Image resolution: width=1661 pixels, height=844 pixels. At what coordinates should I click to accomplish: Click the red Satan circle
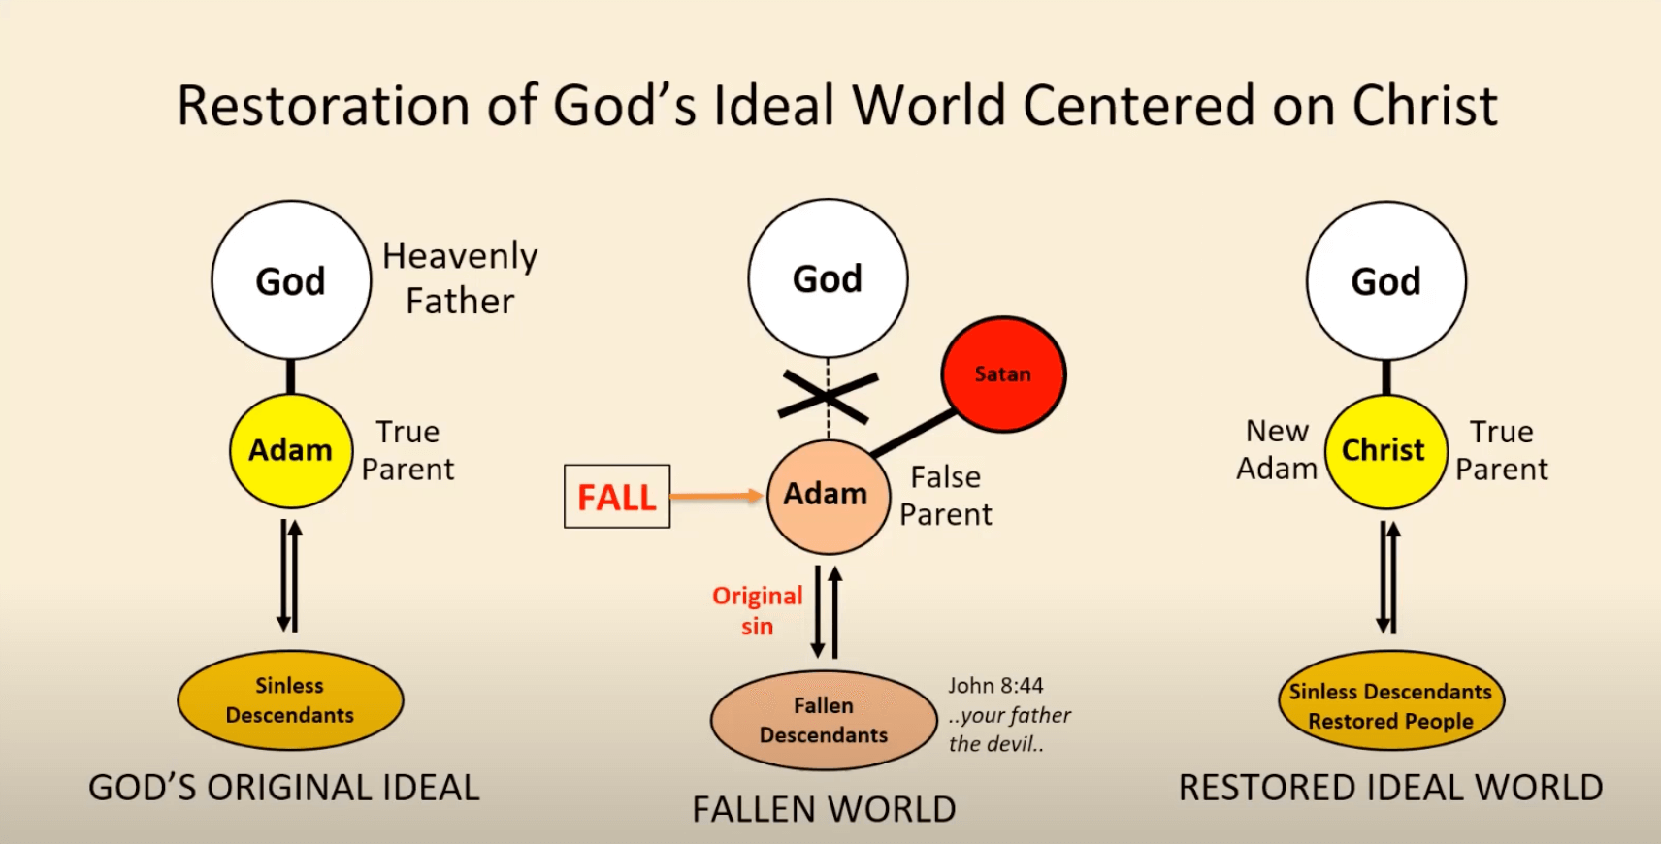[x=1003, y=374]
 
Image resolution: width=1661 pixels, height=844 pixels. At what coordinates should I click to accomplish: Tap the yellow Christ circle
[x=1385, y=451]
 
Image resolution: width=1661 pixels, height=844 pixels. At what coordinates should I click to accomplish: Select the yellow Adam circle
[x=291, y=451]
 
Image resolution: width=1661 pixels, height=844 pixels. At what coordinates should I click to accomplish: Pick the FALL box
[x=617, y=497]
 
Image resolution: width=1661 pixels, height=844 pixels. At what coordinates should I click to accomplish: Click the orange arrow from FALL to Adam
[x=716, y=496]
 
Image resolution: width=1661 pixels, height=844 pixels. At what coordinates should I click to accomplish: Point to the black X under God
[x=828, y=396]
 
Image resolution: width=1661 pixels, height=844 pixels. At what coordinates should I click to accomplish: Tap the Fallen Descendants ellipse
[x=824, y=721]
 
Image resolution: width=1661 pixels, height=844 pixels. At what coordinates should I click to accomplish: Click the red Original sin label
[x=758, y=610]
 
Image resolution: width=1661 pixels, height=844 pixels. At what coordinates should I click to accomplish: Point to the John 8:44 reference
[x=995, y=686]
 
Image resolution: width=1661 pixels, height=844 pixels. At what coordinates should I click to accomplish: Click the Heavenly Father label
[x=460, y=278]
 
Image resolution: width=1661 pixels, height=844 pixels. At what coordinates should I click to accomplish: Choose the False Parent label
[x=946, y=496]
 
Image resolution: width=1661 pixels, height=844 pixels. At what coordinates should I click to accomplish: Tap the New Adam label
[x=1277, y=449]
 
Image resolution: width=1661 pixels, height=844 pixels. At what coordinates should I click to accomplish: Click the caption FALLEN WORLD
[x=824, y=809]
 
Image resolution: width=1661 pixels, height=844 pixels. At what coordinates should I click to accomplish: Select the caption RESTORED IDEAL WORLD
[x=1390, y=788]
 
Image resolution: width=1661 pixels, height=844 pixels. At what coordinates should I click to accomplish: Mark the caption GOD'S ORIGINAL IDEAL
[x=284, y=788]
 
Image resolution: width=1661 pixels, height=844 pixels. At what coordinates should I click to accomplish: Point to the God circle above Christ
[x=1385, y=281]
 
